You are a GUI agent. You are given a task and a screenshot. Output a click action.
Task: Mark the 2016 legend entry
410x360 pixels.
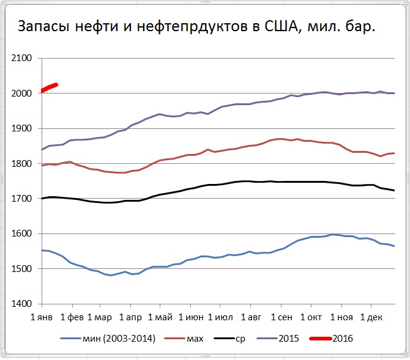tap(343, 337)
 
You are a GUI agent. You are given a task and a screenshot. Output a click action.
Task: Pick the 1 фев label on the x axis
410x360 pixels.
tap(72, 317)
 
